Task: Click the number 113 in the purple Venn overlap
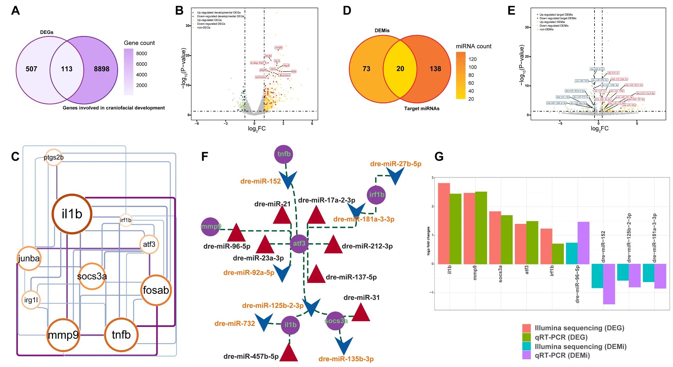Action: tap(67, 69)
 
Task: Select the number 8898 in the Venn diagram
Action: tap(102, 69)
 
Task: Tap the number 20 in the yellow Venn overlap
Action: tap(400, 69)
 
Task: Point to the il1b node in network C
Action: tap(72, 214)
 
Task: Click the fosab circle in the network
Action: tap(156, 290)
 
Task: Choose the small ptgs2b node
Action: tap(54, 157)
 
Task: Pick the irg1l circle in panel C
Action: tap(31, 300)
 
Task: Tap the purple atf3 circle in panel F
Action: tap(299, 243)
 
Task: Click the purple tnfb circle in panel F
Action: tap(284, 154)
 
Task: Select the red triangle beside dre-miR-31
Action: tap(361, 313)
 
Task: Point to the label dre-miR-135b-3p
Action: tap(346, 359)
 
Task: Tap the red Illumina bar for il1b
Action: tap(444, 223)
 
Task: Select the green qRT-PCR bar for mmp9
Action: tap(481, 228)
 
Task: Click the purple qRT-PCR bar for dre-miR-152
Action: tap(609, 284)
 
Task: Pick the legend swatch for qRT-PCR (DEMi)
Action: tap(526, 355)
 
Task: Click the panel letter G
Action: tap(439, 157)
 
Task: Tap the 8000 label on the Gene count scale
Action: tap(142, 54)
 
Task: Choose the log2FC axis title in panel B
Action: tap(257, 129)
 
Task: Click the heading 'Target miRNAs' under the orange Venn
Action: tap(422, 109)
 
